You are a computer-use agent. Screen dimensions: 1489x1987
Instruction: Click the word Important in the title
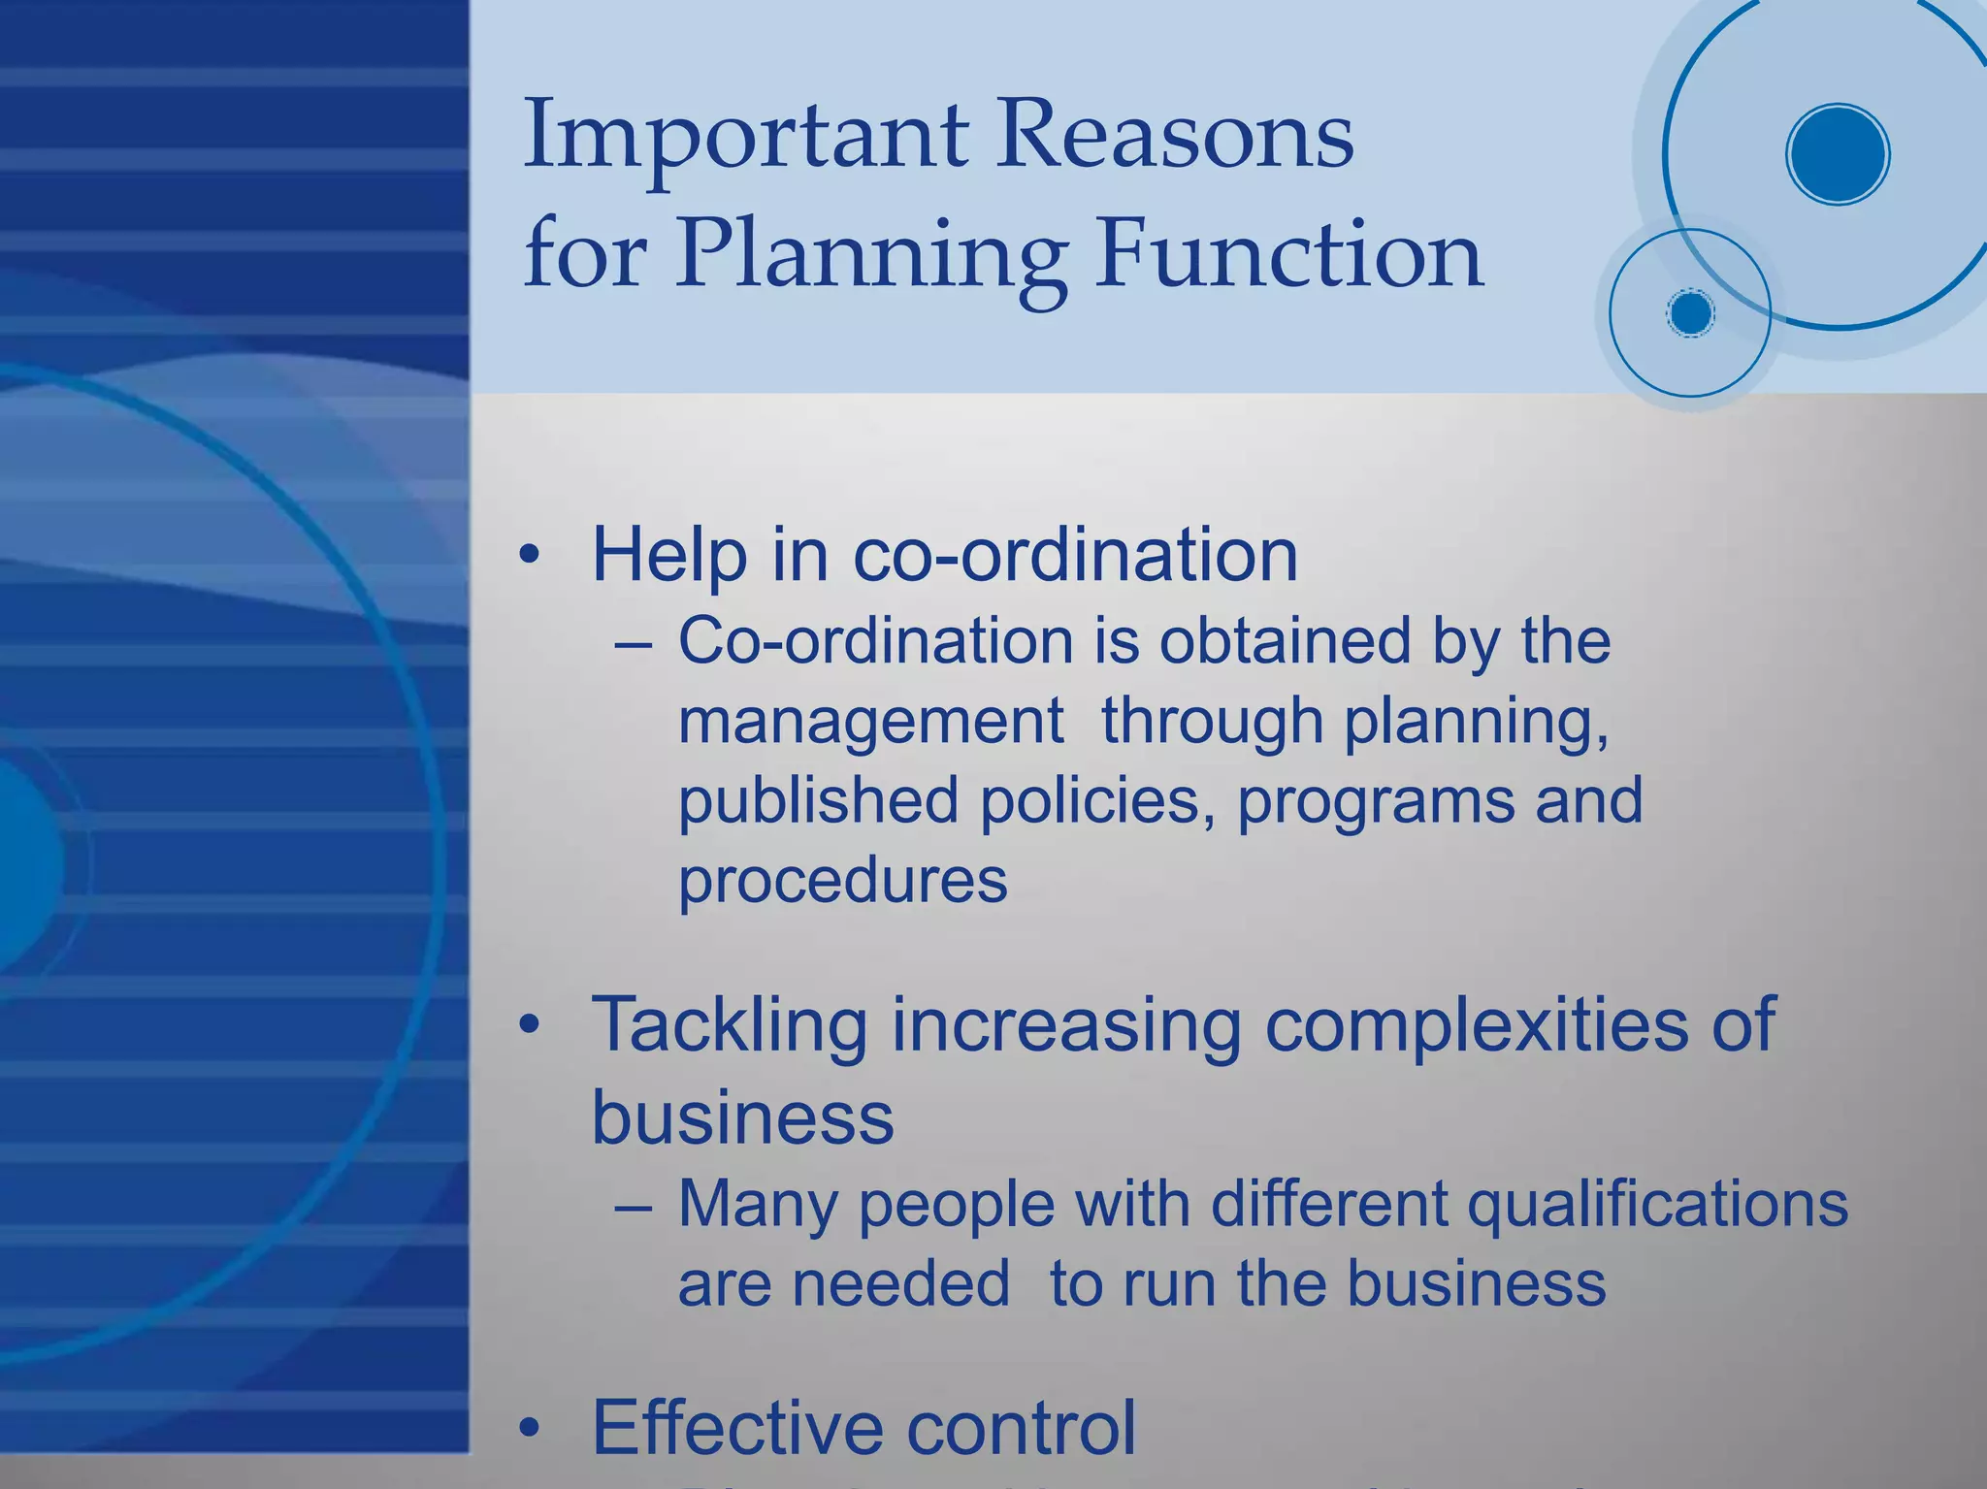click(745, 136)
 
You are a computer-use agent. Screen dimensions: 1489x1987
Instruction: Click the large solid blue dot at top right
click(1837, 154)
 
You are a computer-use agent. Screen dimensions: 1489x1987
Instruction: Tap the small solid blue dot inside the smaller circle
click(1691, 313)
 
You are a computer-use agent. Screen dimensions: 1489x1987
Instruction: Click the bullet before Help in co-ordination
click(529, 555)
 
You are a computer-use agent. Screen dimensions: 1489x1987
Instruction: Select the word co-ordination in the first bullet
click(1074, 555)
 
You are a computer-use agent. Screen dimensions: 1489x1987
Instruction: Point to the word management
click(870, 723)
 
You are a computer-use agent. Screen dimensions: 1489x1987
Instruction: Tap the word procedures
click(842, 881)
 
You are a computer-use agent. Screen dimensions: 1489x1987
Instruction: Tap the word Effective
click(736, 1428)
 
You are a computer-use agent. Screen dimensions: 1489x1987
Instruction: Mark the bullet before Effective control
click(529, 1428)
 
